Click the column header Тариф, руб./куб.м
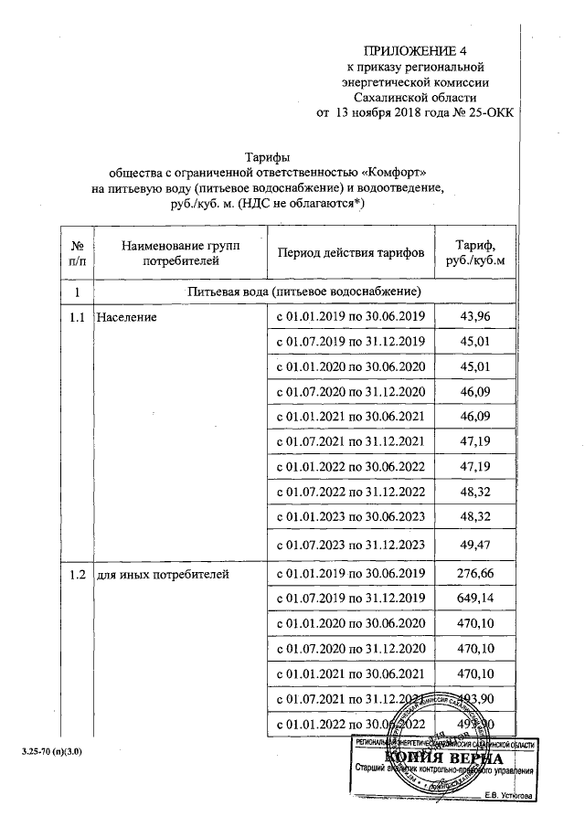[x=474, y=252]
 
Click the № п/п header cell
[x=78, y=252]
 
